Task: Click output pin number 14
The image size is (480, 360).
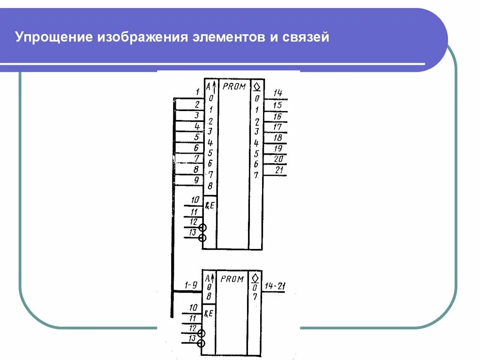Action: [x=277, y=93]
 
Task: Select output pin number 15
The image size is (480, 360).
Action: [x=277, y=105]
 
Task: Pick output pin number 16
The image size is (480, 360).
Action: [x=277, y=116]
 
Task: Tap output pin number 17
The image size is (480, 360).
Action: [x=277, y=127]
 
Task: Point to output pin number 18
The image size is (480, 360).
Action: [x=278, y=138]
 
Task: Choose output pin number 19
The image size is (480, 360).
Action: [x=278, y=149]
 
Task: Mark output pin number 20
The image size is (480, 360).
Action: [x=278, y=159]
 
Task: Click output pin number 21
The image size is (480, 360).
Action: [x=279, y=170]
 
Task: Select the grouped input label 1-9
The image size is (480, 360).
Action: [x=190, y=285]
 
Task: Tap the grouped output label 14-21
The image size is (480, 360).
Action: [x=276, y=285]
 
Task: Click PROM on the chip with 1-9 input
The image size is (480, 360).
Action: [x=232, y=279]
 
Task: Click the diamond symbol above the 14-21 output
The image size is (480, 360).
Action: [x=255, y=277]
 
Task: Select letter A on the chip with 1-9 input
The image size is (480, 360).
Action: [x=207, y=277]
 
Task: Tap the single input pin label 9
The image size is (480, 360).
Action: [x=196, y=180]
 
